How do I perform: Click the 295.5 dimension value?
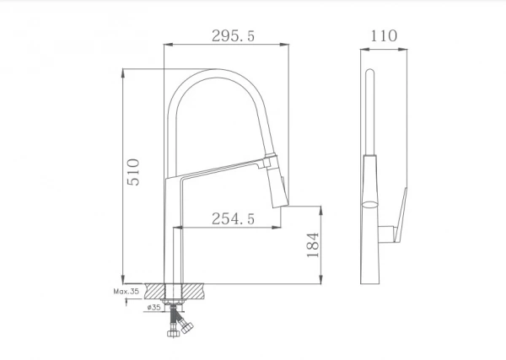(233, 35)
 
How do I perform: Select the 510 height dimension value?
(133, 172)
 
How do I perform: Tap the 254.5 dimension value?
(233, 218)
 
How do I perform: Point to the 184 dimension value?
(313, 244)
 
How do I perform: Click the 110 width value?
(384, 35)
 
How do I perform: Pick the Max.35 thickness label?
(126, 292)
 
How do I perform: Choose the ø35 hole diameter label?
(154, 307)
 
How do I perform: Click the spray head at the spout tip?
(277, 181)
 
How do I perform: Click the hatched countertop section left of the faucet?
(154, 291)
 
